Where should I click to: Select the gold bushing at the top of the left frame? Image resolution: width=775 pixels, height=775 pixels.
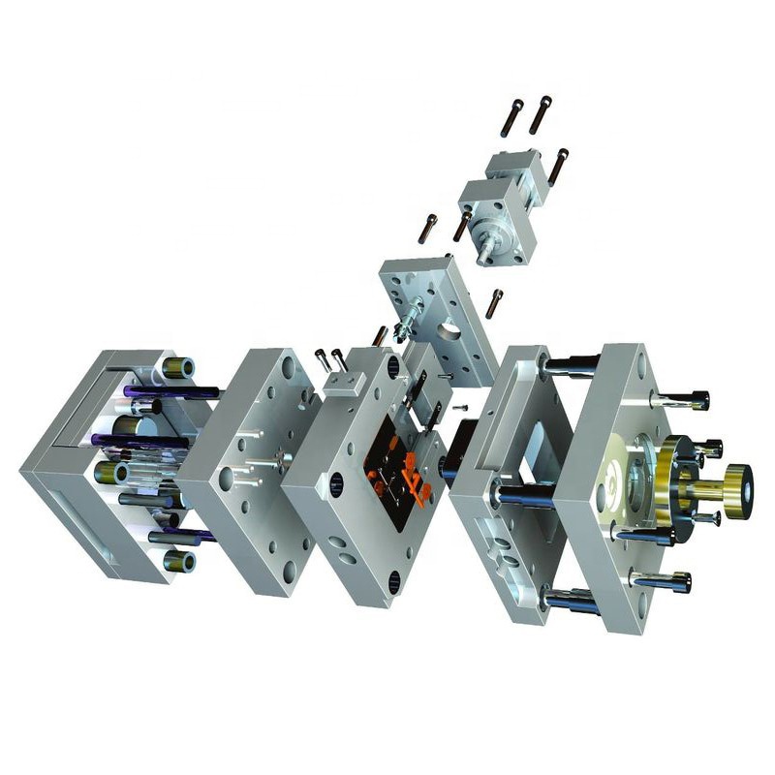pyautogui.click(x=178, y=368)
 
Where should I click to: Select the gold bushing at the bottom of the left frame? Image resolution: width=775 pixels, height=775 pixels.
pyautogui.click(x=179, y=561)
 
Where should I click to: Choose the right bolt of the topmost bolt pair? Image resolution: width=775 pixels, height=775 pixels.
pyautogui.click(x=540, y=114)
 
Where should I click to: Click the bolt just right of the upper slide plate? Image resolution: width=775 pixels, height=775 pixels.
pyautogui.click(x=494, y=303)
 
